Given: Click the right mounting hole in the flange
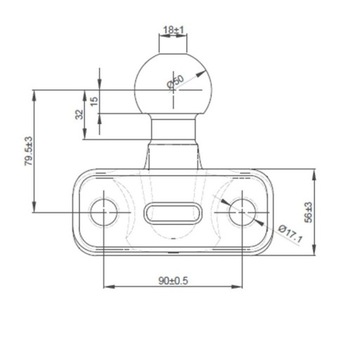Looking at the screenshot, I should click(241, 211).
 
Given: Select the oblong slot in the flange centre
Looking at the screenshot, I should click(173, 212).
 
